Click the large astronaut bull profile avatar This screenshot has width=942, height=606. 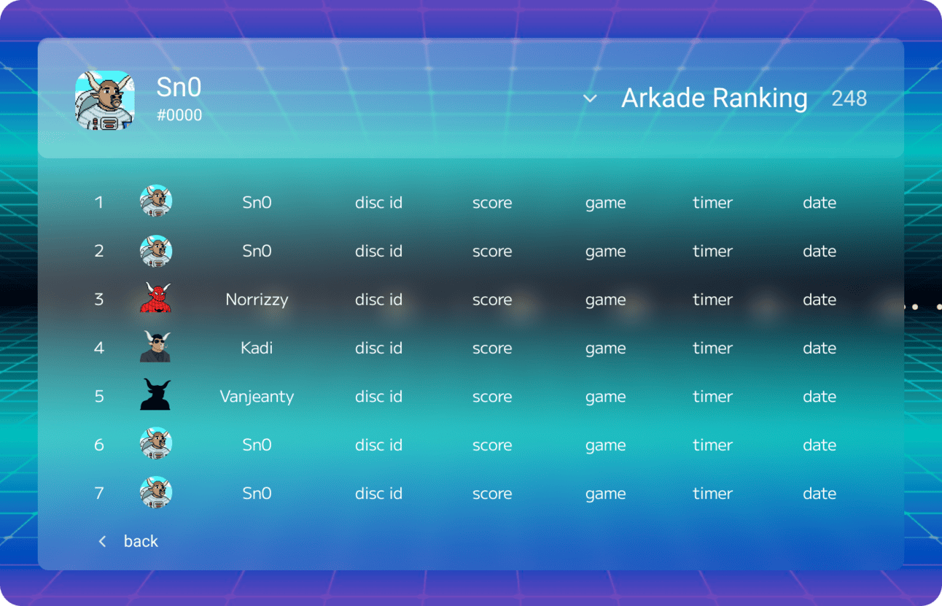coord(105,100)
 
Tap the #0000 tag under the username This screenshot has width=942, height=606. coord(179,115)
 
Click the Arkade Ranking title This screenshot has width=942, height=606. coord(714,98)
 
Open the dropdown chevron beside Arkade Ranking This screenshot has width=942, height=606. coord(590,99)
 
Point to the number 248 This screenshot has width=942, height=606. coord(849,99)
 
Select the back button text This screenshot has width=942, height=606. coord(141,541)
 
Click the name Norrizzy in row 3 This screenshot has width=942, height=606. coord(257,300)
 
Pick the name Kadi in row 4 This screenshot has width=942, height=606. coord(257,348)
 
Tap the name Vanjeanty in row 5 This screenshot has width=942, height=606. coord(257,397)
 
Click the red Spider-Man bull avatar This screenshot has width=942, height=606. coord(155,298)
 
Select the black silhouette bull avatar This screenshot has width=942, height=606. coord(155,394)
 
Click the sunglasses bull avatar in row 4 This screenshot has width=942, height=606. coord(155,346)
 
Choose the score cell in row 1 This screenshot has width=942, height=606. coord(492,203)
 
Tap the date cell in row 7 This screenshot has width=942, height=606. coord(820,493)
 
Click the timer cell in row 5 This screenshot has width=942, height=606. coord(713,397)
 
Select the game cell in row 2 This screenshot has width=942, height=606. coord(606,252)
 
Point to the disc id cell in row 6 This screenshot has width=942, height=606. coord(378,445)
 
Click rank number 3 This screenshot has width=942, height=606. coord(99,300)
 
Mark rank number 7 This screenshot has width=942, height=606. coord(99,493)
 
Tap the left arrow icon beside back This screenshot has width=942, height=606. coord(102,541)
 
